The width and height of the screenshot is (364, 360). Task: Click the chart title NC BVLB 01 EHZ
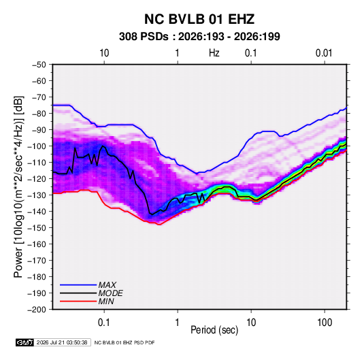tap(199, 19)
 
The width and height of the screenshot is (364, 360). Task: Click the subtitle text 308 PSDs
tap(144, 37)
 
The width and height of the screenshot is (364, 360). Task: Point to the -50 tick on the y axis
tap(39, 65)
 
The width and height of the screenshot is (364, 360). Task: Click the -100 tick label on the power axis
tap(37, 146)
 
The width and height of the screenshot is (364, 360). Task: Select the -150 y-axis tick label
tap(37, 228)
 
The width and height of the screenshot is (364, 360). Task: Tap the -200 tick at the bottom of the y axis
tap(37, 310)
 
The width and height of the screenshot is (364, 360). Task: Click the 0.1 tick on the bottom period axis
tap(104, 323)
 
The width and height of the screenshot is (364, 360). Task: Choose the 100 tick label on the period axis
tap(325, 323)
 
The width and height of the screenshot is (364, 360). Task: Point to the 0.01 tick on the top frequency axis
tap(324, 53)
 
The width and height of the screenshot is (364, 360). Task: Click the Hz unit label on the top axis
tap(214, 53)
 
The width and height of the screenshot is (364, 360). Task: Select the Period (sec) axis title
tap(214, 330)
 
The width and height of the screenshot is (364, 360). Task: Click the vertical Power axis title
tap(18, 186)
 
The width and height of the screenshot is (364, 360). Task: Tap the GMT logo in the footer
tap(24, 342)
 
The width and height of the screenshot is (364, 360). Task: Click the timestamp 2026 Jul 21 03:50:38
tap(62, 342)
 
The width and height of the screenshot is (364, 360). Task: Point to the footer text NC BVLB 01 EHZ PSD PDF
tap(125, 342)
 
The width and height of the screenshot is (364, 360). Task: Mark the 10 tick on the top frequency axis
tap(104, 53)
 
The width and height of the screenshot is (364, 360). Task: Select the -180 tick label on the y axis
tap(37, 277)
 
